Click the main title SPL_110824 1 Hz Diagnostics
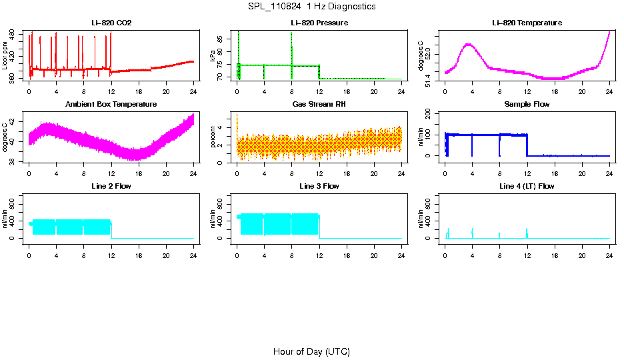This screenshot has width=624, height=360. (x=311, y=7)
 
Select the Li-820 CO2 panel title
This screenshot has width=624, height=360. (x=111, y=23)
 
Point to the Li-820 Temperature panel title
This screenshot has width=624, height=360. (x=527, y=23)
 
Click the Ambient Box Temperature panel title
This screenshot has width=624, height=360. (x=111, y=105)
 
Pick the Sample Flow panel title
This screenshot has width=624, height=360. (x=527, y=105)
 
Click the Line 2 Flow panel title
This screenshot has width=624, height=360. (x=111, y=186)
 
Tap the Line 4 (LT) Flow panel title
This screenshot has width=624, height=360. (x=527, y=186)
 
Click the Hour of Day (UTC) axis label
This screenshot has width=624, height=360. (x=311, y=351)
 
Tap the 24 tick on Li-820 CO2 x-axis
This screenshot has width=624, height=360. (x=193, y=92)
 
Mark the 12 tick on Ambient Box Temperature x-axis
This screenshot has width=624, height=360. (x=111, y=173)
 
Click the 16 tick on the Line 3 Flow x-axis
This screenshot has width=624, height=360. (x=347, y=255)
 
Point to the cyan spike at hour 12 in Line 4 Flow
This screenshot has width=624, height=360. (x=527, y=233)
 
